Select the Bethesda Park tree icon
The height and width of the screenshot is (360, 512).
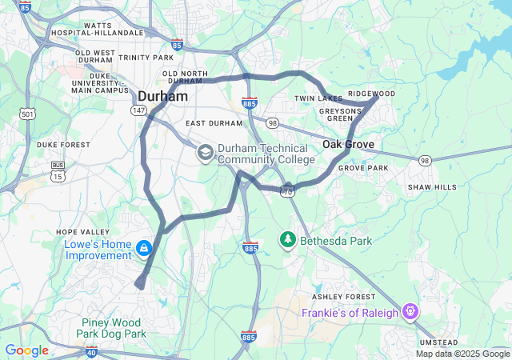click(286, 239)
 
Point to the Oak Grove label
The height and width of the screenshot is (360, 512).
click(348, 144)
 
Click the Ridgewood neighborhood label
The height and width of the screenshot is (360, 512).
click(371, 94)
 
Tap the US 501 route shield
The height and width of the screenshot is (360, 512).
click(28, 114)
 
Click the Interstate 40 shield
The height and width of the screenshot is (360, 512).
click(90, 351)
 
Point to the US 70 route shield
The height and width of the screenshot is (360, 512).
click(287, 190)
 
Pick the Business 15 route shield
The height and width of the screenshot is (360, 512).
click(58, 170)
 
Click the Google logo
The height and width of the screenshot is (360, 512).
click(26, 350)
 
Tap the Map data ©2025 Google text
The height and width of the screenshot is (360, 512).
click(462, 354)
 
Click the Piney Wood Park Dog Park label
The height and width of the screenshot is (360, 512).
click(113, 328)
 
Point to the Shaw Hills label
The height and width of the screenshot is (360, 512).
click(432, 186)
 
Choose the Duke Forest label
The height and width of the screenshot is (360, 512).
click(63, 145)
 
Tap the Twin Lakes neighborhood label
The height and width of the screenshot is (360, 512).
click(318, 98)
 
